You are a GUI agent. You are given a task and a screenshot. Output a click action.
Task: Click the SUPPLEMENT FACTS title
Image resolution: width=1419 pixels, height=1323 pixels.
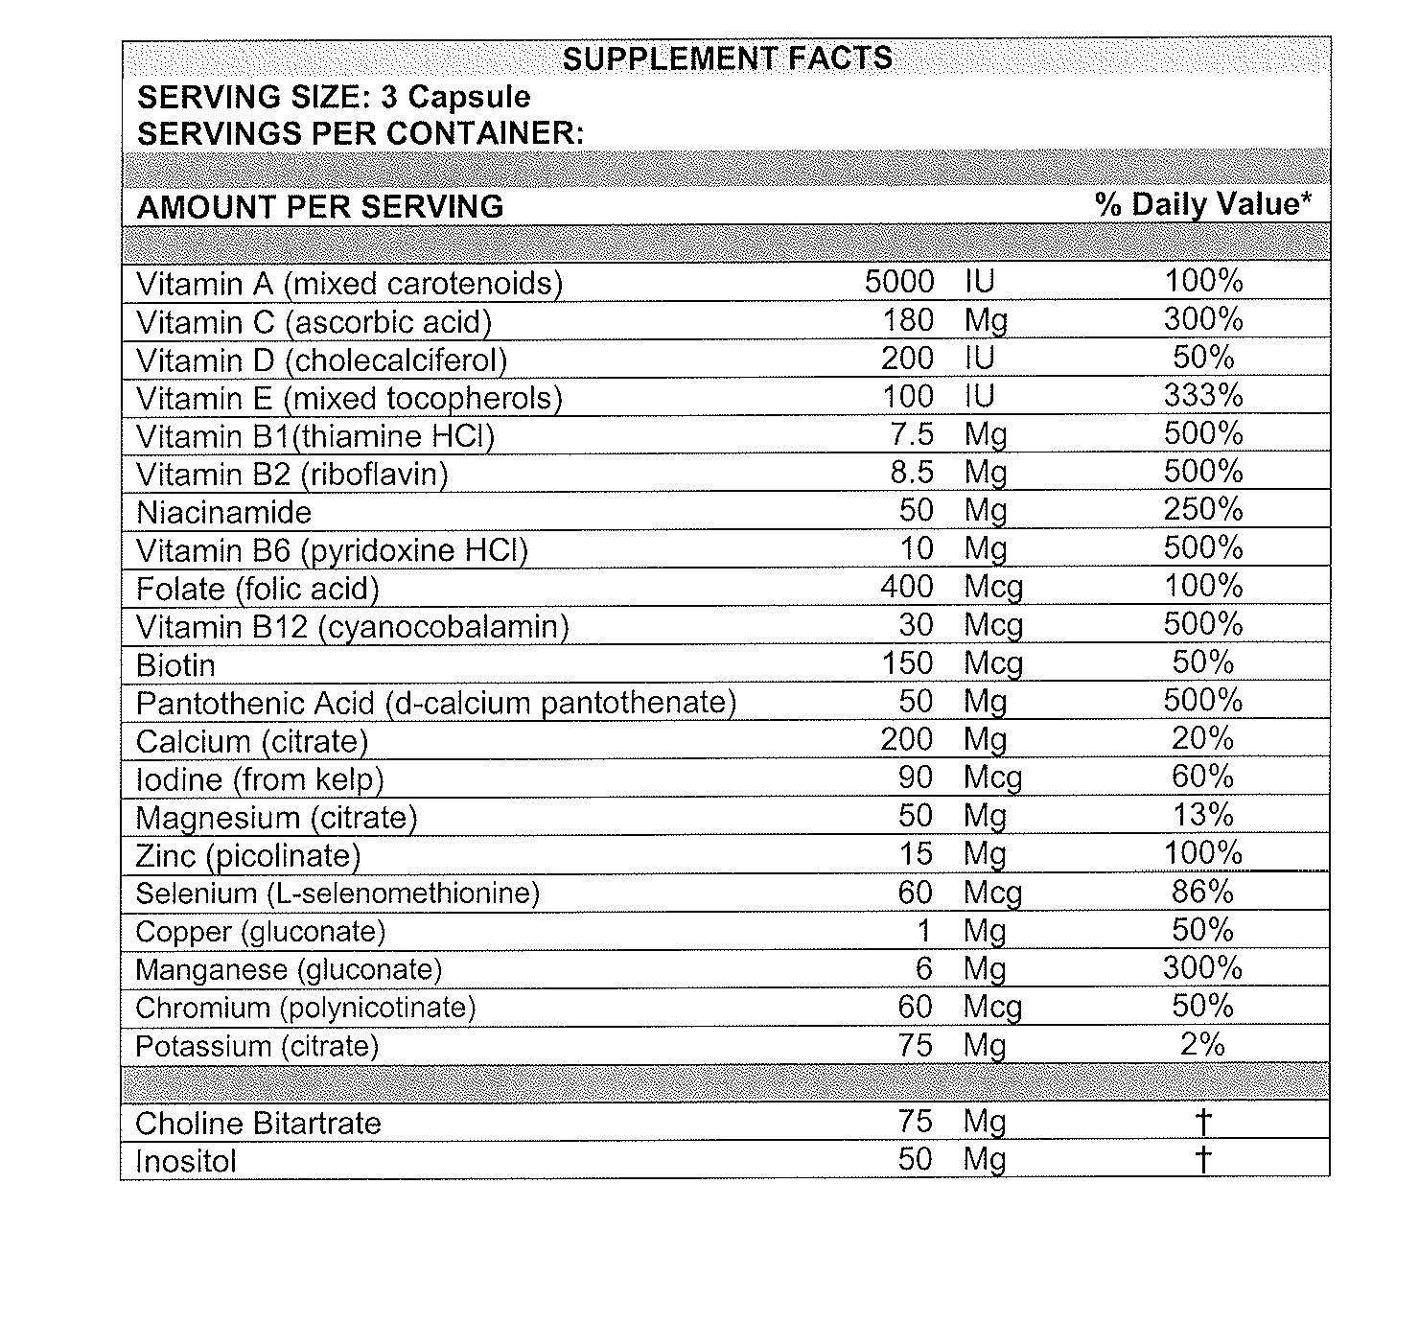click(x=727, y=58)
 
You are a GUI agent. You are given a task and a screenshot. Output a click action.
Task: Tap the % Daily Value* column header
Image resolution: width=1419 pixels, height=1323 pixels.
click(x=1203, y=204)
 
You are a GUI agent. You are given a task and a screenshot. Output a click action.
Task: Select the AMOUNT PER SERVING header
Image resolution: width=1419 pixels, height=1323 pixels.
click(x=320, y=207)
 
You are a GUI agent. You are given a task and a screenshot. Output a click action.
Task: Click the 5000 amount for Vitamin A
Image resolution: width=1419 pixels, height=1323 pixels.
click(x=898, y=282)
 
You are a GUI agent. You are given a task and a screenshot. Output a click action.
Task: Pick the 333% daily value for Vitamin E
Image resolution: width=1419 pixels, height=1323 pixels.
click(x=1203, y=396)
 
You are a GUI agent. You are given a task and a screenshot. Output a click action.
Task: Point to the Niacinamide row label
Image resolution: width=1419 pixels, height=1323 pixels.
click(x=223, y=512)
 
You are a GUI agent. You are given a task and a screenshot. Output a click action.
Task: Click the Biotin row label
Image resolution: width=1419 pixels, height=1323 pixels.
click(x=175, y=665)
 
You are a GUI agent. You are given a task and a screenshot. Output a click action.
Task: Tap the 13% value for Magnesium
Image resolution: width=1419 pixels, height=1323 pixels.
click(x=1203, y=816)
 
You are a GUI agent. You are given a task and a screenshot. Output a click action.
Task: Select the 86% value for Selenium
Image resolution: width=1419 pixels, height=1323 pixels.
click(x=1203, y=893)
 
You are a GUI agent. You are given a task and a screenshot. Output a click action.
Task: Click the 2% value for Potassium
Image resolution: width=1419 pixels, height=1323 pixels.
click(x=1202, y=1045)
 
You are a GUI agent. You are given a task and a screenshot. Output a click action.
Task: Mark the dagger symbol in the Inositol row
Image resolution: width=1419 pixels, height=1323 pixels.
click(x=1203, y=1160)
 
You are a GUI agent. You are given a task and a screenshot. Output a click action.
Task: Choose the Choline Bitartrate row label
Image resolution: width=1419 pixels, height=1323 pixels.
click(x=258, y=1124)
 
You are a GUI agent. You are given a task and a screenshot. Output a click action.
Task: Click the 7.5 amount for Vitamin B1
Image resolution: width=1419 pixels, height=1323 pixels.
click(x=911, y=434)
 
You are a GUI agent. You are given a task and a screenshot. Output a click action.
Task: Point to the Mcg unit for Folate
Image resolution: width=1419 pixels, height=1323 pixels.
click(x=993, y=588)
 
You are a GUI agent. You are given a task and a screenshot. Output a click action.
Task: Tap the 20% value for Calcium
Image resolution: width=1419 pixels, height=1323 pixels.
click(x=1203, y=739)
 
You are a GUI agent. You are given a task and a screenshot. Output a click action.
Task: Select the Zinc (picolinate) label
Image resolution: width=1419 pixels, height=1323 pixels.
click(x=248, y=855)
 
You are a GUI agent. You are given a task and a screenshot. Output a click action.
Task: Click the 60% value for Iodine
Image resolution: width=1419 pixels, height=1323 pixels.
click(x=1203, y=778)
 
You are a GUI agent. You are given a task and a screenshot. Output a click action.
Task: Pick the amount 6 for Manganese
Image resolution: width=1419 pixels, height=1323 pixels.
click(x=923, y=968)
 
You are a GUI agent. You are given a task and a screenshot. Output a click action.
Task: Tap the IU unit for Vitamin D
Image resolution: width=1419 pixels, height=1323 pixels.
click(x=980, y=359)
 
